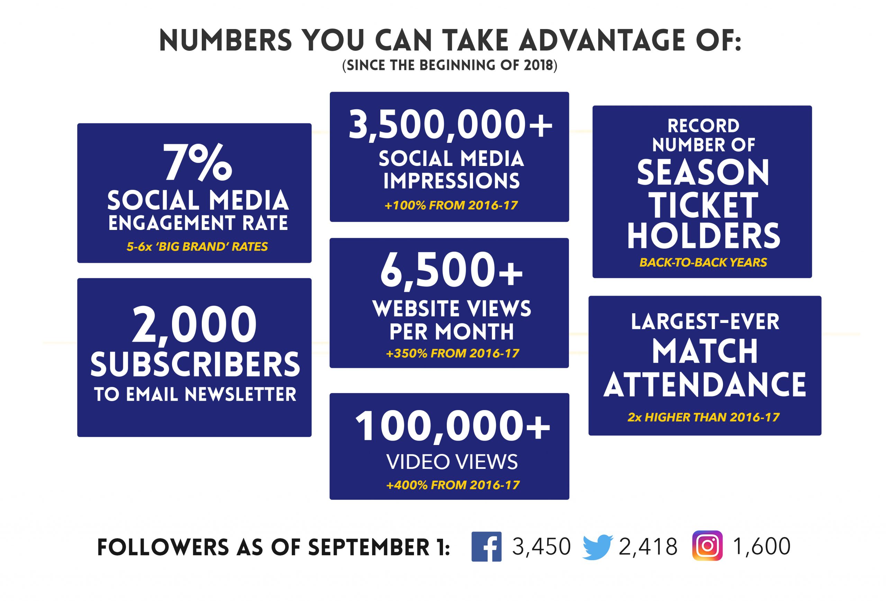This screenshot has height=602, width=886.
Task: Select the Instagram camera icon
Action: (707, 546)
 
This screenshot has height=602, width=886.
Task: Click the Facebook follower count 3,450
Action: (541, 547)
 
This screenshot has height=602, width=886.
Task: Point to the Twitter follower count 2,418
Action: (648, 547)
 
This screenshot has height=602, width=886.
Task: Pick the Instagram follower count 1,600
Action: (762, 547)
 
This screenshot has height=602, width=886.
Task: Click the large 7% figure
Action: (198, 163)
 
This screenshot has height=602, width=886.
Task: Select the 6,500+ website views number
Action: (451, 271)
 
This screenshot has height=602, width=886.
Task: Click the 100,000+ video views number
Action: (453, 426)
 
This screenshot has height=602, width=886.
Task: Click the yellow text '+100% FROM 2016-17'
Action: (451, 206)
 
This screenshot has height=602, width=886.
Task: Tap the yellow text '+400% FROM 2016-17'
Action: (453, 485)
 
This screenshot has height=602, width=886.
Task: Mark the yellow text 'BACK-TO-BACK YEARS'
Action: (703, 262)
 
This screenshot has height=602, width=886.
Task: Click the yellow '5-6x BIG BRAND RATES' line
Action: (197, 247)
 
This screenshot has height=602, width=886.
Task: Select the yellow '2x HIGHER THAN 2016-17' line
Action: (703, 417)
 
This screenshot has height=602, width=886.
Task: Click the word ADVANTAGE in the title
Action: (595, 40)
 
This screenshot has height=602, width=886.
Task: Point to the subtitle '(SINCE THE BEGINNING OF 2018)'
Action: (450, 65)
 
